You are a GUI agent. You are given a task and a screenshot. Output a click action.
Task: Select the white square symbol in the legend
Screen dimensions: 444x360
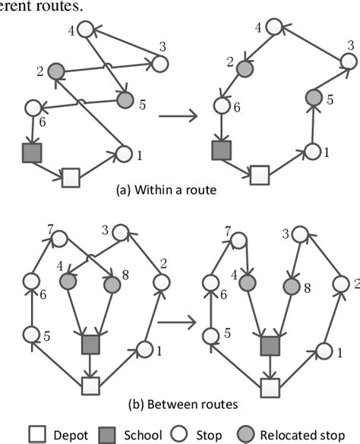37,434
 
